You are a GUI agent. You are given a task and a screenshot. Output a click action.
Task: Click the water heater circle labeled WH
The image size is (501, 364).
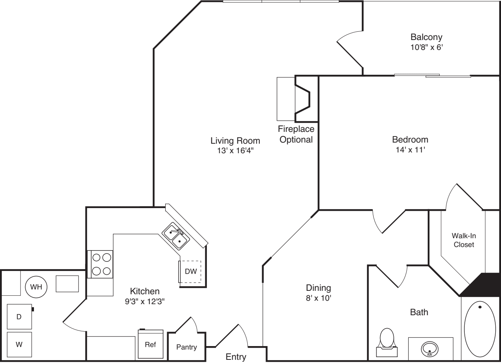coord(36,287)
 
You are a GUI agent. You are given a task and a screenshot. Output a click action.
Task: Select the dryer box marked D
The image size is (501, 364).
coord(19,316)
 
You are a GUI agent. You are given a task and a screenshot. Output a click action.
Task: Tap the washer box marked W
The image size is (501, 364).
coord(19,345)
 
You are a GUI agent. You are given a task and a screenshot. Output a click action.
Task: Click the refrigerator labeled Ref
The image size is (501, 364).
coord(150,344)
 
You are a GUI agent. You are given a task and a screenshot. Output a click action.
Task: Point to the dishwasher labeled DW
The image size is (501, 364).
coord(191,271)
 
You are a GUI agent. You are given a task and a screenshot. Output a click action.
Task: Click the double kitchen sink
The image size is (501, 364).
coord(176,236)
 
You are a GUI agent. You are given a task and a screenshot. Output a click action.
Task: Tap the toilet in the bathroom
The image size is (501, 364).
coord(387,339)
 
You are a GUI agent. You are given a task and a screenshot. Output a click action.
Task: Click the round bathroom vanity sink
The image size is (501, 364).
coord(429,348)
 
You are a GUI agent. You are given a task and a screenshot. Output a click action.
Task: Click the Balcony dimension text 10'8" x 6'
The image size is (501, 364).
coord(426,48)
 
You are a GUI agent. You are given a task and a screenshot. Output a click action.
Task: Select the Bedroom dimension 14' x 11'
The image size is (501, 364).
coord(410,150)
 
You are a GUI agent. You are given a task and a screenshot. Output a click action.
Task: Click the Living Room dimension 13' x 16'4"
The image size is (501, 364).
coord(235,150)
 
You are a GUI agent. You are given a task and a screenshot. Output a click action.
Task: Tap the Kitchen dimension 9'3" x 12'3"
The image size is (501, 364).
coord(145,301)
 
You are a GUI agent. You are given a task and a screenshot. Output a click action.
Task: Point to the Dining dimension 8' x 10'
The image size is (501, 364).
coord(318,298)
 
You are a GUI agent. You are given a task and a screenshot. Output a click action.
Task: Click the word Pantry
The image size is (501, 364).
coord(187,347)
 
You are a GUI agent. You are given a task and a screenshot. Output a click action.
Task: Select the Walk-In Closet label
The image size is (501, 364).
coord(464,240)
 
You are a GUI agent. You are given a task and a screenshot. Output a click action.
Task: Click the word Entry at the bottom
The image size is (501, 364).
coord(236,357)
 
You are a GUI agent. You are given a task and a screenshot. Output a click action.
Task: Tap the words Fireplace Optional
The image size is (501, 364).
coord(296,134)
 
